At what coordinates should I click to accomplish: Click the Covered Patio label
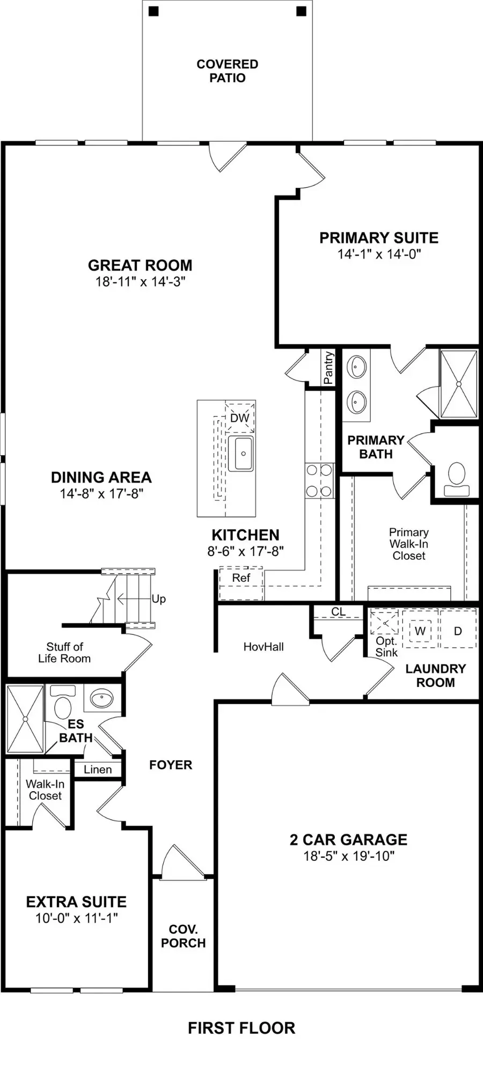pyautogui.click(x=228, y=71)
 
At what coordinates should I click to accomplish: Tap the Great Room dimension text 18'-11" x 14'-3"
pyautogui.click(x=141, y=282)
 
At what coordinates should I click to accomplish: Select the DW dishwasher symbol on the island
pyautogui.click(x=240, y=418)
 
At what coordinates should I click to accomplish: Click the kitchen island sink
pyautogui.click(x=241, y=454)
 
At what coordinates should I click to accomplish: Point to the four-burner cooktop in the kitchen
pyautogui.click(x=319, y=481)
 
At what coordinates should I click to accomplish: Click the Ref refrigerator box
pyautogui.click(x=241, y=579)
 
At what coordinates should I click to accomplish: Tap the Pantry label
pyautogui.click(x=328, y=368)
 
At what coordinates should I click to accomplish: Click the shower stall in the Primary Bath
pyautogui.click(x=458, y=384)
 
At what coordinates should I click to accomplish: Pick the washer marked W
pyautogui.click(x=420, y=631)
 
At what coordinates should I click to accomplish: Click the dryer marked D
pyautogui.click(x=458, y=631)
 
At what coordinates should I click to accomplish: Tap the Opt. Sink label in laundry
pyautogui.click(x=386, y=647)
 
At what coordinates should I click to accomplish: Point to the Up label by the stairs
pyautogui.click(x=158, y=599)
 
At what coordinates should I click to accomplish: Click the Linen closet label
pyautogui.click(x=98, y=770)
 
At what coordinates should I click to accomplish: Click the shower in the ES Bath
pyautogui.click(x=25, y=719)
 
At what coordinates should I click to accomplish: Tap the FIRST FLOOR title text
pyautogui.click(x=241, y=1028)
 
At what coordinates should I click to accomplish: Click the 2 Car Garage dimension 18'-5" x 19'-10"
pyautogui.click(x=349, y=856)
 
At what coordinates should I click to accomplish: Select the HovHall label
pyautogui.click(x=264, y=647)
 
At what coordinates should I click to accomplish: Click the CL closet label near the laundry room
pyautogui.click(x=338, y=612)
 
